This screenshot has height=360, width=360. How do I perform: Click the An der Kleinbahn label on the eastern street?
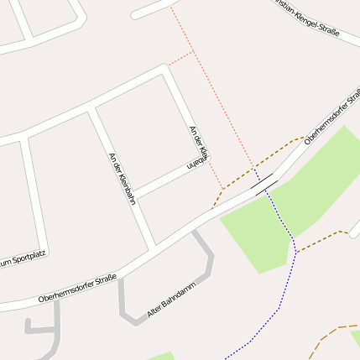click(199, 148)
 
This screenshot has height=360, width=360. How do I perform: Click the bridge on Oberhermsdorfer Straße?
click(263, 183)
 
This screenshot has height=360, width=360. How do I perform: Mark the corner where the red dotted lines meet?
click(193, 51)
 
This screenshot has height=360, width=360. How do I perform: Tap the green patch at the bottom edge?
click(159, 356)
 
